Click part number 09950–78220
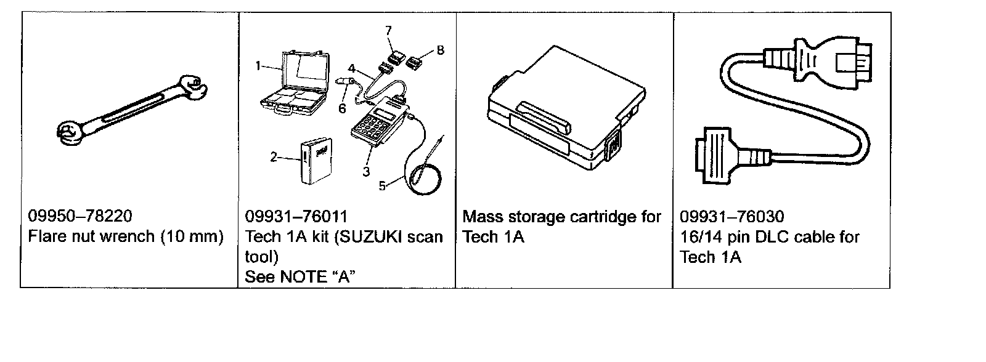(79, 216)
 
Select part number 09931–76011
(296, 217)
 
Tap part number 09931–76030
(732, 217)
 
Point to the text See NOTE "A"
(299, 276)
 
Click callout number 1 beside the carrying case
(258, 66)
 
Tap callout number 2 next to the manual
(274, 157)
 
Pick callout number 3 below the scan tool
(366, 172)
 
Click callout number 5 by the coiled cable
(382, 186)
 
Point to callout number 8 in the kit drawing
(440, 50)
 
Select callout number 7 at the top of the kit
(388, 30)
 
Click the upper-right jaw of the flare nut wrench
(194, 87)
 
